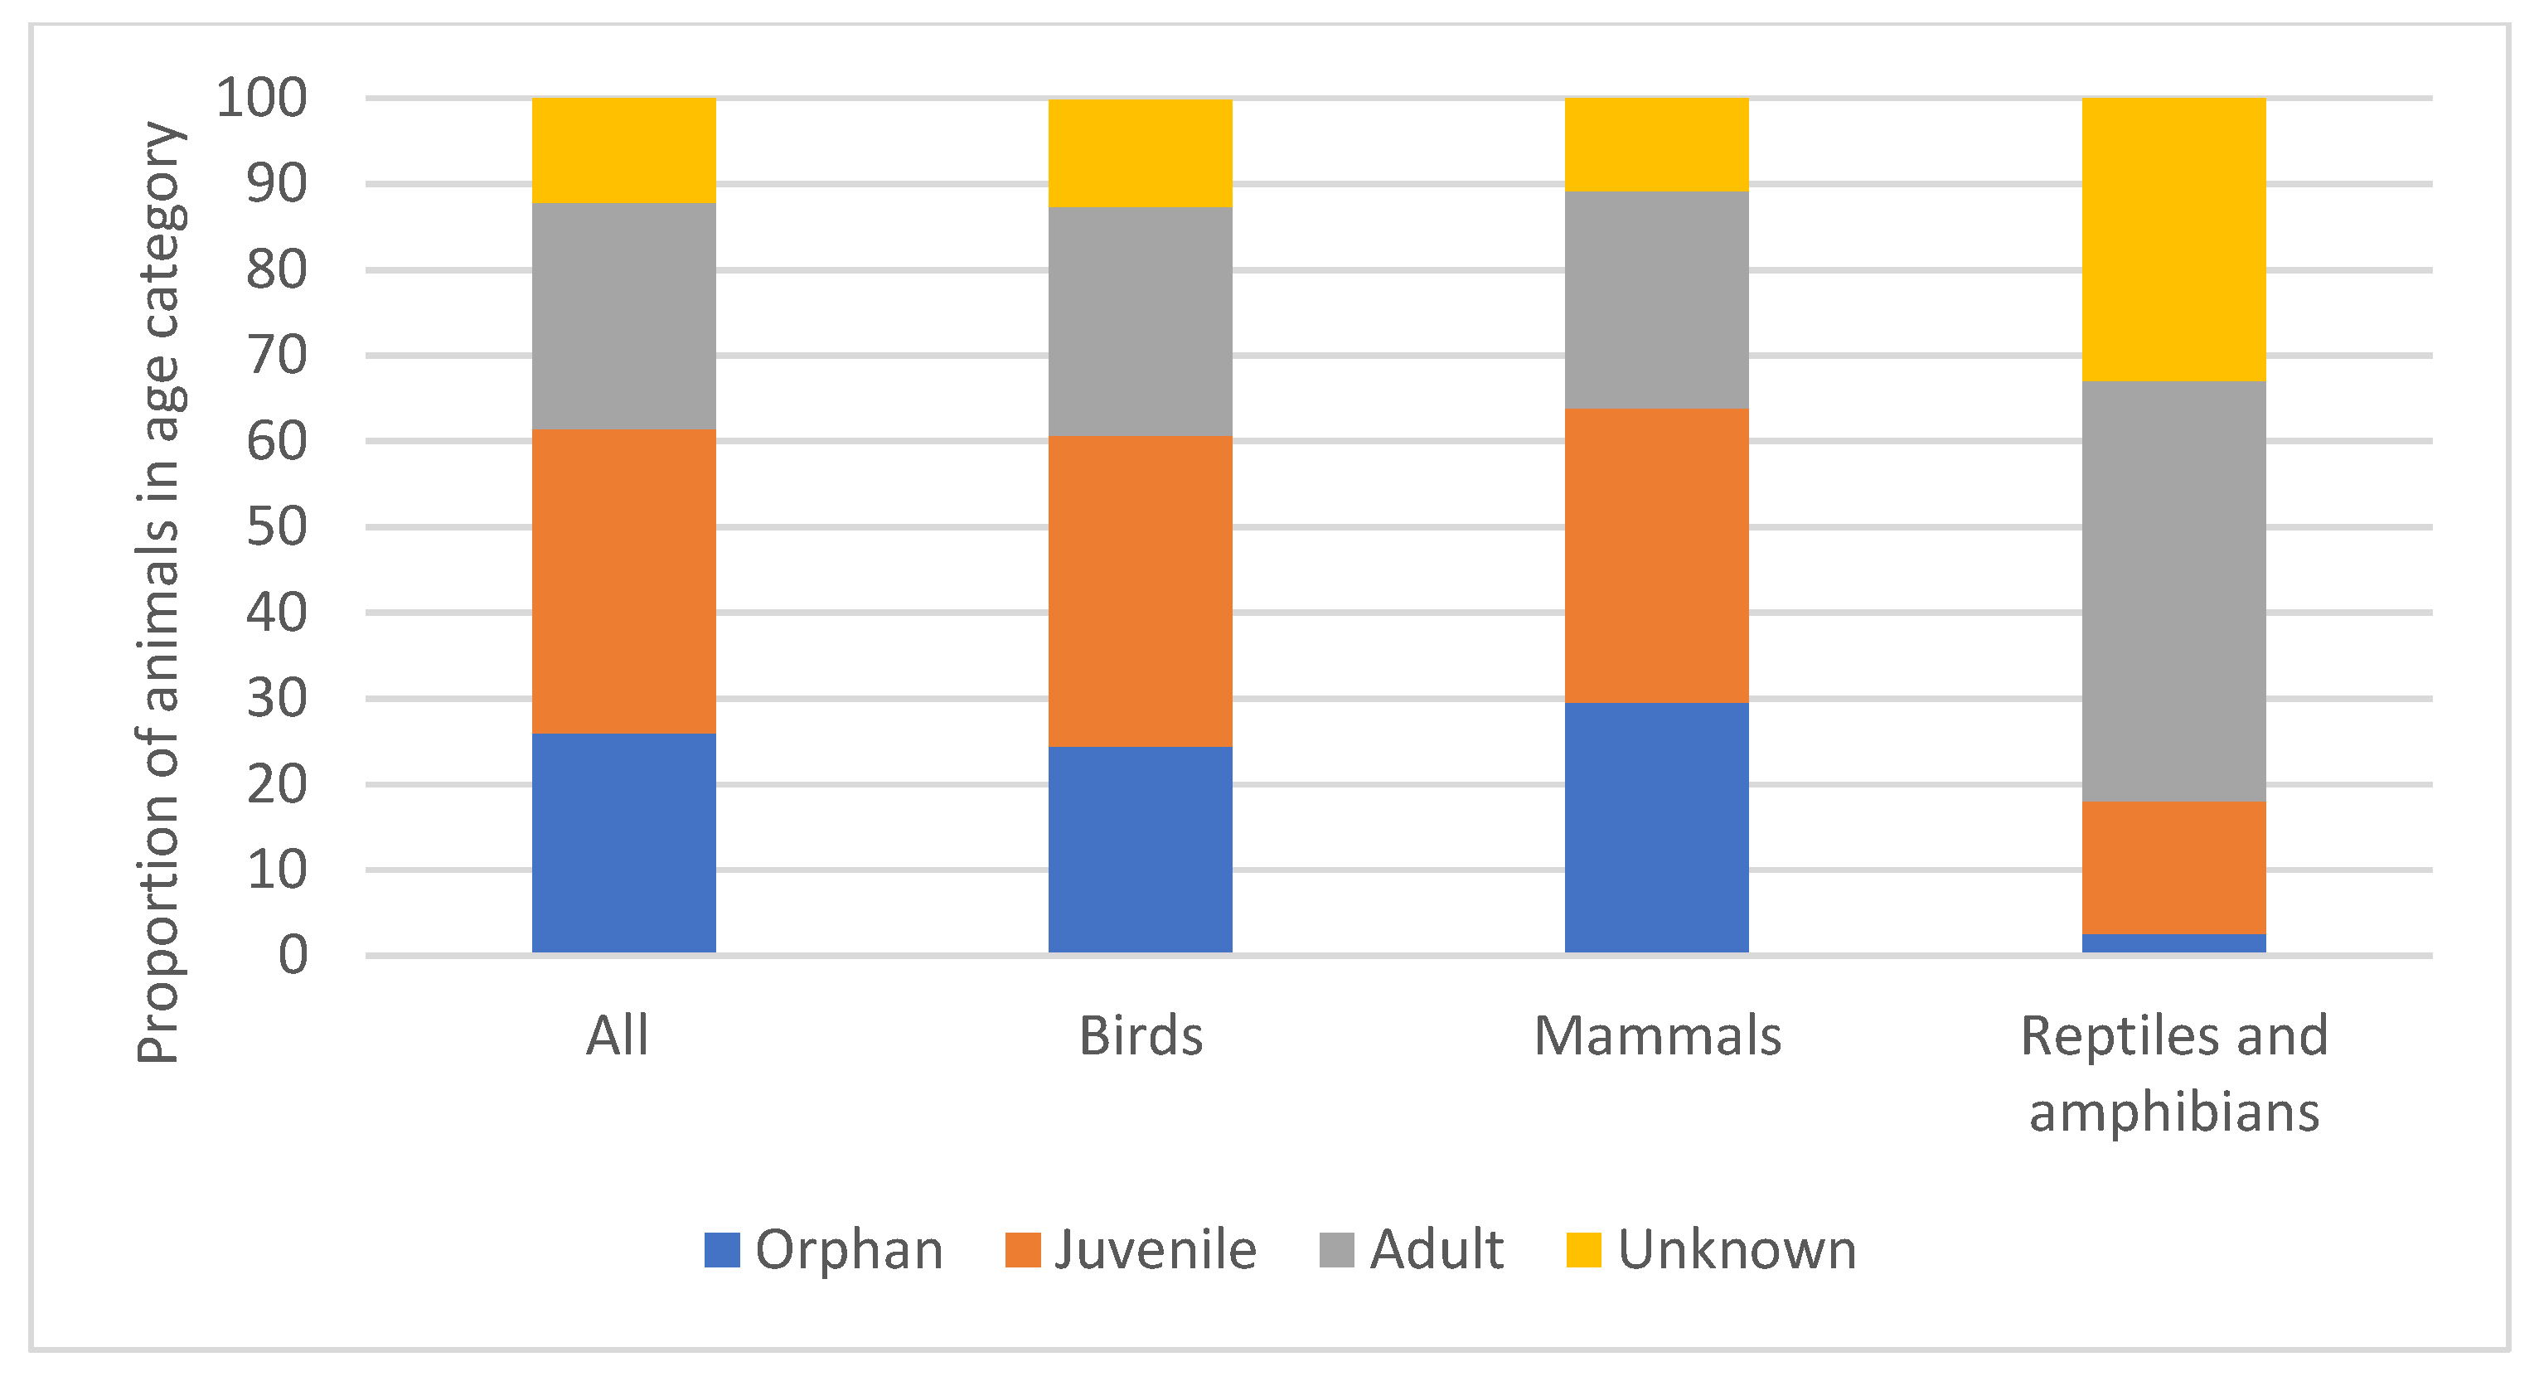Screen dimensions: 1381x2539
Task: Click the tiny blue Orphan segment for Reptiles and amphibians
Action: coord(2173,942)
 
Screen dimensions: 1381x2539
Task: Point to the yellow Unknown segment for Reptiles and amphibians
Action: coord(2173,239)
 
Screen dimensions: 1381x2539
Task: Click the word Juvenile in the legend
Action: coord(1156,1250)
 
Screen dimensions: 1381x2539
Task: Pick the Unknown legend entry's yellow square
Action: coord(1583,1250)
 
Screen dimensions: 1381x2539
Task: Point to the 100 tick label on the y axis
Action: coord(261,98)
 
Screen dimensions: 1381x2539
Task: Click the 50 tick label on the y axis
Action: coord(276,526)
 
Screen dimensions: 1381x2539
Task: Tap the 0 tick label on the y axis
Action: coord(293,954)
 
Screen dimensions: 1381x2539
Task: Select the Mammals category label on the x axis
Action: coord(1657,1036)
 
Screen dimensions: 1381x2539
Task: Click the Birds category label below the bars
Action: coord(1141,1036)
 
